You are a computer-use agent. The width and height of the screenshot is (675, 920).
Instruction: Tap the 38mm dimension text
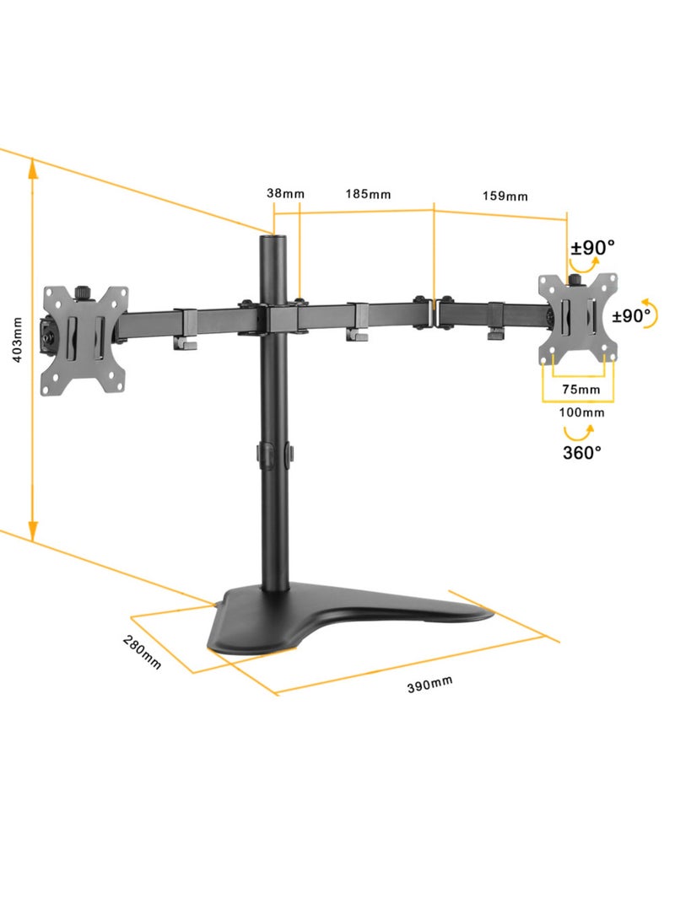click(x=285, y=193)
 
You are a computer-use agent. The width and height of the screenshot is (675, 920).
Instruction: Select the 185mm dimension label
click(x=368, y=194)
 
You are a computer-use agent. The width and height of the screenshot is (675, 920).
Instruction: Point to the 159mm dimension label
click(x=505, y=196)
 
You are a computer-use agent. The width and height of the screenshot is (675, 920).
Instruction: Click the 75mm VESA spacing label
click(x=580, y=389)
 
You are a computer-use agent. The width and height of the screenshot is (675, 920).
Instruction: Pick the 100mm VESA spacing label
click(x=581, y=412)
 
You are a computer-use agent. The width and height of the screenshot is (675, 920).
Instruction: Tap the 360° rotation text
click(x=582, y=452)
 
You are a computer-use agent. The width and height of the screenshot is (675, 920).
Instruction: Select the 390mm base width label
click(x=430, y=684)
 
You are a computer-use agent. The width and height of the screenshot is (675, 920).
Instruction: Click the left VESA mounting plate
click(x=84, y=337)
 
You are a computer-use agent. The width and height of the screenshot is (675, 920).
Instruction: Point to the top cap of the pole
click(x=273, y=239)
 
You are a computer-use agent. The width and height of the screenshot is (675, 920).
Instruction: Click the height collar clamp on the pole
click(x=274, y=454)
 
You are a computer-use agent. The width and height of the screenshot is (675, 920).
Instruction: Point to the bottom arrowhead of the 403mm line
click(x=32, y=530)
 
